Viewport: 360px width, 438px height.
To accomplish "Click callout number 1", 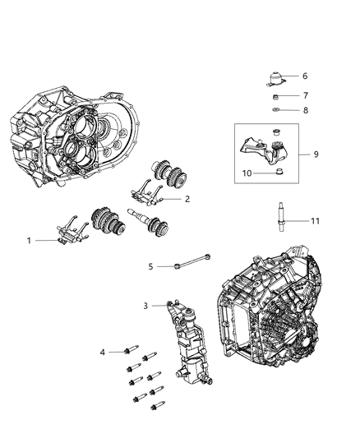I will click(x=29, y=241).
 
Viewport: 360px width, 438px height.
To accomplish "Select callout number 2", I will click(x=187, y=199).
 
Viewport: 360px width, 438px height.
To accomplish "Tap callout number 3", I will click(x=145, y=306).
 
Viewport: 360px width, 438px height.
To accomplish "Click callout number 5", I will click(x=150, y=266).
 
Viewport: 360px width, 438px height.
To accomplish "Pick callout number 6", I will click(x=304, y=75).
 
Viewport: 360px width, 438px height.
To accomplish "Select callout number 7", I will click(x=304, y=95).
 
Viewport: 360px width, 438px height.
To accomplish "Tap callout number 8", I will click(x=304, y=108).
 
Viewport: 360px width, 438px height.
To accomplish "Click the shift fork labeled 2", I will click(x=150, y=192).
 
